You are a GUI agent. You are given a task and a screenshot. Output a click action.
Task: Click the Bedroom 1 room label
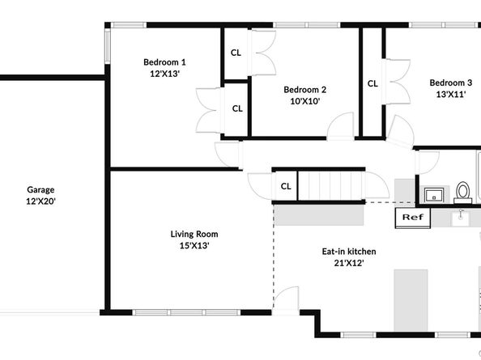pos(164,62)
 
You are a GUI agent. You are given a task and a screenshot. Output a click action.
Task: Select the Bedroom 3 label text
pos(451,83)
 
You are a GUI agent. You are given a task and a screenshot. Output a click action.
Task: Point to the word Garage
pos(40,189)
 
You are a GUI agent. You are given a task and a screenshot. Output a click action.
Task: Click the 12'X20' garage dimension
pos(40,201)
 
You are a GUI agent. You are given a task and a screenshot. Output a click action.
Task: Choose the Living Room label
pos(194,235)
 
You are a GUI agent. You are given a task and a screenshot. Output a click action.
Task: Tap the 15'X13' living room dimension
pos(194,246)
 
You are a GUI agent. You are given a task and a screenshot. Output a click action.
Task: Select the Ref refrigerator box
pos(412,218)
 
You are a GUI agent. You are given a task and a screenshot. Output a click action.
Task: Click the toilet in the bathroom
pos(463,193)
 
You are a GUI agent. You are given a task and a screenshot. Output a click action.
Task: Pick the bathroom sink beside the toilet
pos(433,195)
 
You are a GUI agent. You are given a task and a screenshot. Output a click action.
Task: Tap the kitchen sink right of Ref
pos(462,217)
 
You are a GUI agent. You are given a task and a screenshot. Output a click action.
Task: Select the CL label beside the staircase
pos(286,186)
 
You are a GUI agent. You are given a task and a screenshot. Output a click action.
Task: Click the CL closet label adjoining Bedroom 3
pos(372,83)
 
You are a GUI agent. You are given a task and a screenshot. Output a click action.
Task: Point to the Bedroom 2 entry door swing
pos(342,126)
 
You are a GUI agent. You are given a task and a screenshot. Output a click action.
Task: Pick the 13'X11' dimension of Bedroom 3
pos(451,94)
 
